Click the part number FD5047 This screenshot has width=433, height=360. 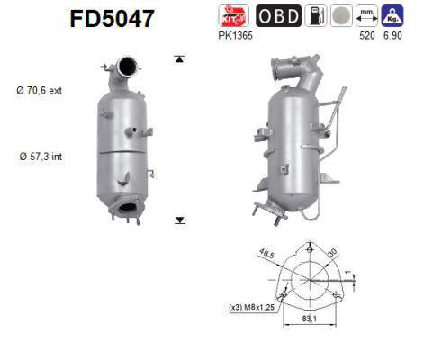click(x=110, y=18)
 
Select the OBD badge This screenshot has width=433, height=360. click(x=279, y=15)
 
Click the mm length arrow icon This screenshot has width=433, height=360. click(x=365, y=15)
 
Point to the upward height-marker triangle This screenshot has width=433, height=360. click(x=180, y=59)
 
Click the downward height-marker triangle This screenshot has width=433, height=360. click(x=180, y=219)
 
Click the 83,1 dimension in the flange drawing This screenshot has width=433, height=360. click(x=309, y=317)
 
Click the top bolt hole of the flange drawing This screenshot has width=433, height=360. click(x=308, y=253)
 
